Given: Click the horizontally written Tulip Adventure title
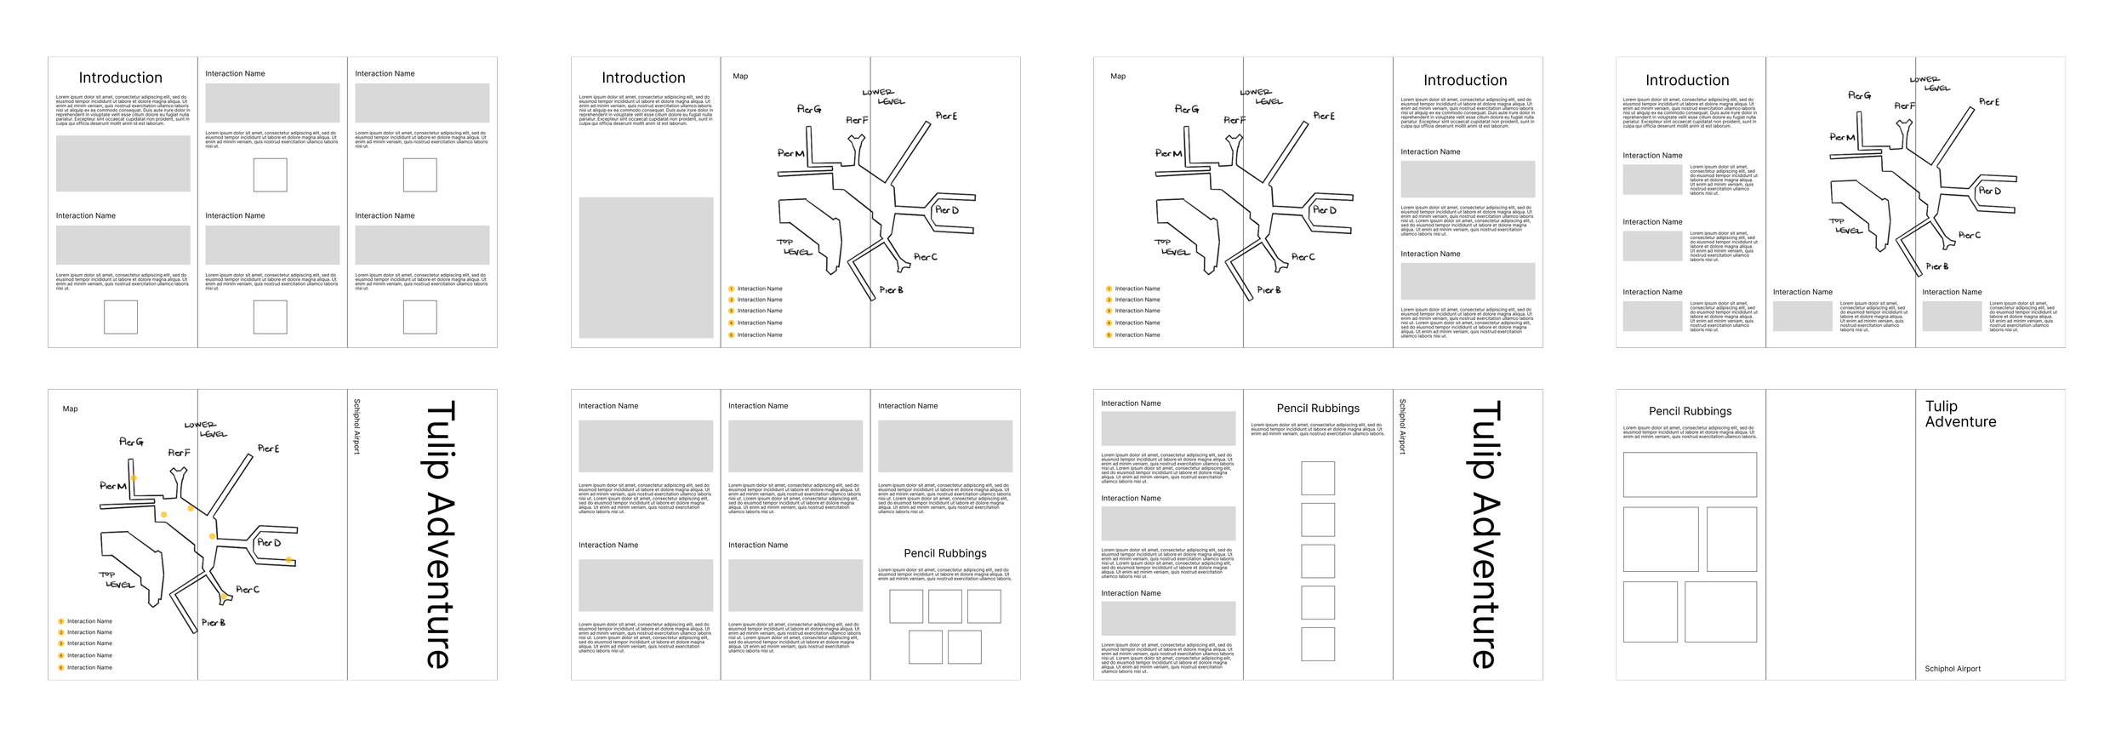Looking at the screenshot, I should point(1960,414).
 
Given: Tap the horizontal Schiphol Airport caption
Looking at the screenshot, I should point(1953,669).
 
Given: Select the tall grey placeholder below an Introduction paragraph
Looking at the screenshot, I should point(646,268).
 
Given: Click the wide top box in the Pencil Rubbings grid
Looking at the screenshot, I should point(1689,474).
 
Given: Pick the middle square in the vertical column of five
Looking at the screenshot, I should point(1318,561).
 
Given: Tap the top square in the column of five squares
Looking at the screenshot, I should point(1318,478).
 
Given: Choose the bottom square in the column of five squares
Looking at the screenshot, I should point(1318,644).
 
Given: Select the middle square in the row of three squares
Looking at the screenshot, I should point(944,607).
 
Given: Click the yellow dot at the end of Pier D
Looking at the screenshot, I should point(289,560).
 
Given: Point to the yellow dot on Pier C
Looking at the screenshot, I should point(223,596).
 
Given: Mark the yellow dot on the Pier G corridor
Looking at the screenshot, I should point(134,478).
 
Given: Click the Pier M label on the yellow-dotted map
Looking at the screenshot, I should point(113,486).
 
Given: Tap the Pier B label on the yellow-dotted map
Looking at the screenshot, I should point(213,623).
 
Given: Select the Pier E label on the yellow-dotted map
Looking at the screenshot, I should point(268,448).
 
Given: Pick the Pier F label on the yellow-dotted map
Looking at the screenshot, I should point(179,453).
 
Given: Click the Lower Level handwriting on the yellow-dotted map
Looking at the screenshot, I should point(206,429).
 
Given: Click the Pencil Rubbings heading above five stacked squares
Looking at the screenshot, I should point(1318,408).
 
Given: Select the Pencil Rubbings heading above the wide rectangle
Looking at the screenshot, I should point(1690,411).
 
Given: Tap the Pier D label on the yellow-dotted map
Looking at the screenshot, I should point(269,543).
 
